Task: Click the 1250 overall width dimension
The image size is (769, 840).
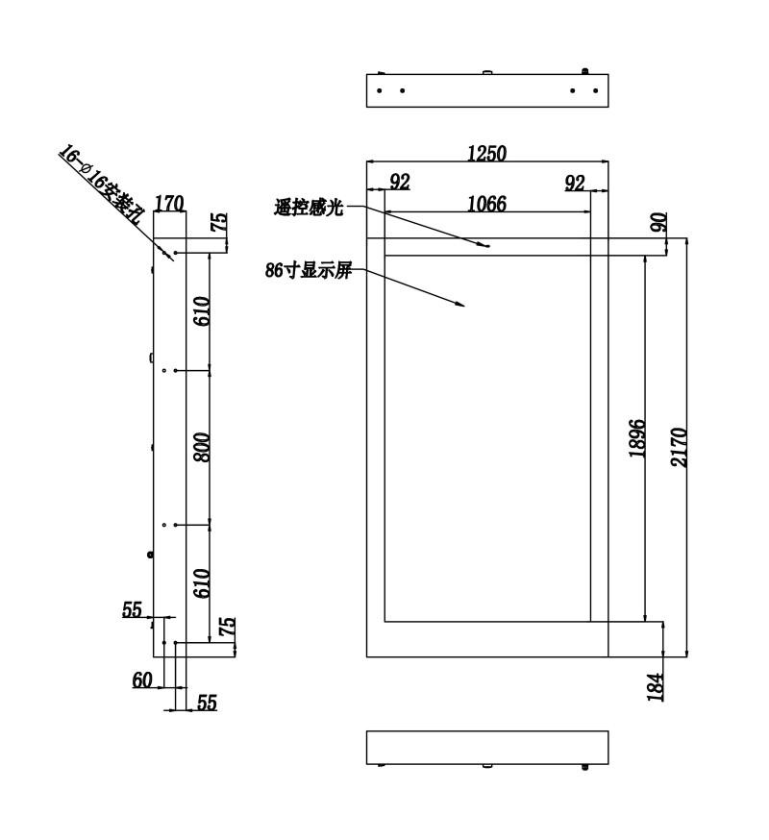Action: (x=486, y=154)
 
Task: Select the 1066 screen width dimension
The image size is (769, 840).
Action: (x=486, y=204)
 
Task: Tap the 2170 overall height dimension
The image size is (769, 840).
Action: (x=679, y=447)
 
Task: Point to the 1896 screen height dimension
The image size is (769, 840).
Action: (x=637, y=438)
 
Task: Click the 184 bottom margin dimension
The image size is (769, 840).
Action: (x=656, y=686)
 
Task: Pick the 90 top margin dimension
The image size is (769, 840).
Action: (x=659, y=222)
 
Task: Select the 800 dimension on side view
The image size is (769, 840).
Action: (x=202, y=447)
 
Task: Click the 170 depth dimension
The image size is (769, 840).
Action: (x=169, y=204)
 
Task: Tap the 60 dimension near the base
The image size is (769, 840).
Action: (x=142, y=680)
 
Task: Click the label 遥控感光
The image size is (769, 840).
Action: (x=309, y=207)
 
